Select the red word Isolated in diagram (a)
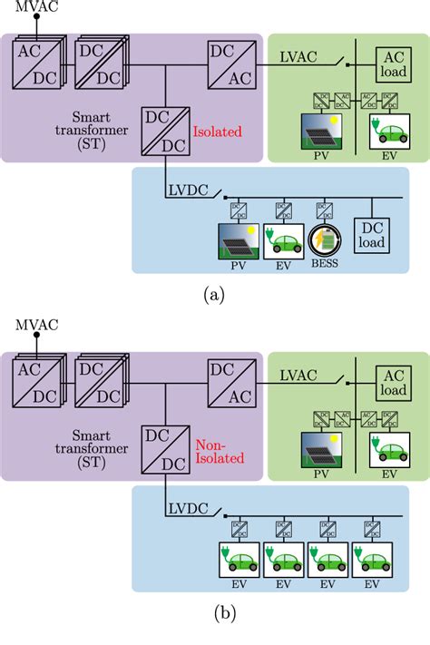click(218, 131)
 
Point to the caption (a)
click(214, 295)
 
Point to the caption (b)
click(214, 614)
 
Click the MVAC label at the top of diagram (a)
click(32, 7)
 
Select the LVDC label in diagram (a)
click(188, 191)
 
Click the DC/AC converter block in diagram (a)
click(230, 64)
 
